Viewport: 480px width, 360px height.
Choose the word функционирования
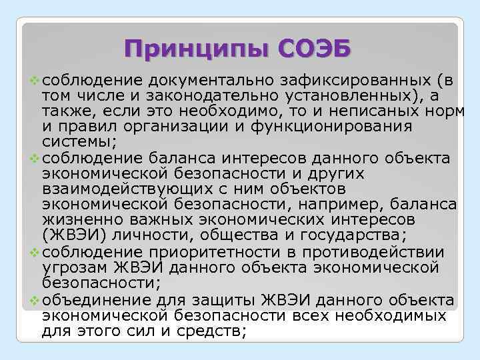pyautogui.click(x=336, y=127)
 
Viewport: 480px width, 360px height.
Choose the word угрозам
pyautogui.click(x=74, y=267)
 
